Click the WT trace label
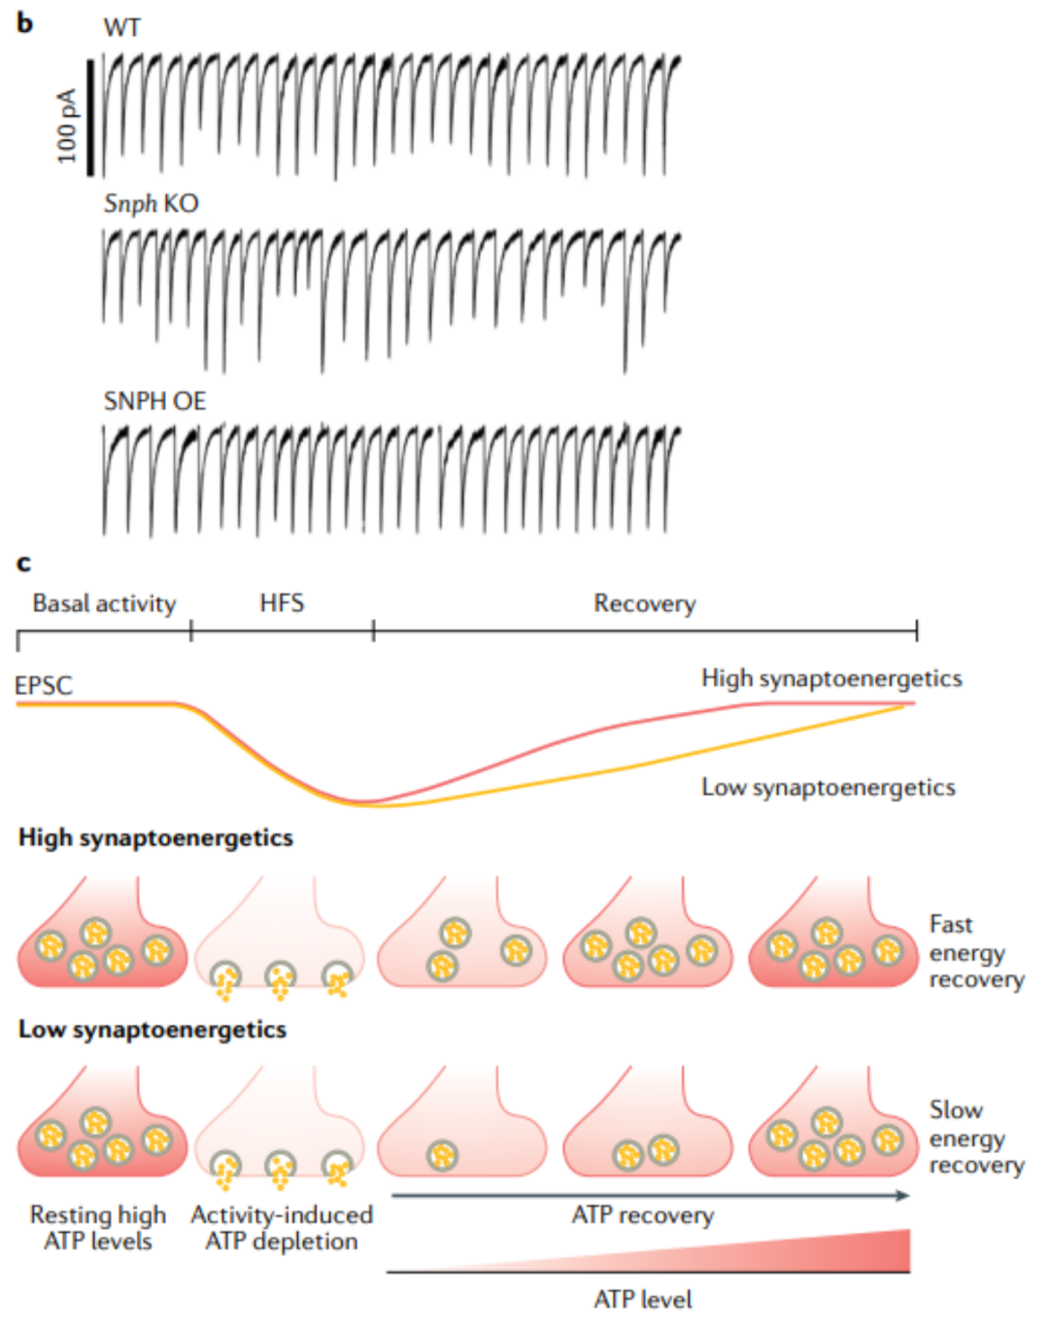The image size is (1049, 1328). point(122,27)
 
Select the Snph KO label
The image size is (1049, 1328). point(151,204)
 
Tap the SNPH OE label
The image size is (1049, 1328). point(154,401)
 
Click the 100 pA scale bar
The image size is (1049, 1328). point(90,118)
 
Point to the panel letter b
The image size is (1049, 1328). point(25,23)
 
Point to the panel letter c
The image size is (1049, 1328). point(24,563)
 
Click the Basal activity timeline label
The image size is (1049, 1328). point(104,604)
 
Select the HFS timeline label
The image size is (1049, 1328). point(282,604)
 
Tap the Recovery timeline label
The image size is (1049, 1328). point(645,604)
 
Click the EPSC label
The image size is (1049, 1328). point(44,686)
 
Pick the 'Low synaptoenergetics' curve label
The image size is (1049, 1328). point(829,788)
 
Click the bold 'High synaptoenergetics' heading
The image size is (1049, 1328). point(155,838)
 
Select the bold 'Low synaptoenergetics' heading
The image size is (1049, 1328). point(152,1030)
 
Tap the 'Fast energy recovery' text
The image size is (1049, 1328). point(975,952)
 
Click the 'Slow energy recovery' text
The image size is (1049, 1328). point(975,1138)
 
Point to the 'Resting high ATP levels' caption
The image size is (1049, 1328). point(98,1228)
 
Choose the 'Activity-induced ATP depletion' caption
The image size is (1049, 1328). point(282,1228)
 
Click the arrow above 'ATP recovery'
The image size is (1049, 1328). point(649,1196)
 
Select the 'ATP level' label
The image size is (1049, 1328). point(643,1300)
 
